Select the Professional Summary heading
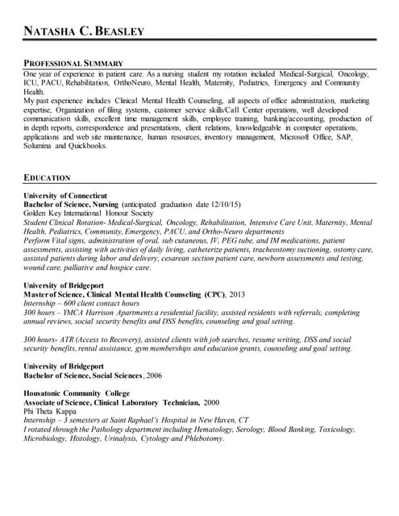[x=73, y=62]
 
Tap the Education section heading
[x=47, y=177]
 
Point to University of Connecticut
[x=65, y=196]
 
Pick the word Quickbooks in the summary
[x=89, y=147]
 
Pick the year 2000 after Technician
[x=212, y=402]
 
